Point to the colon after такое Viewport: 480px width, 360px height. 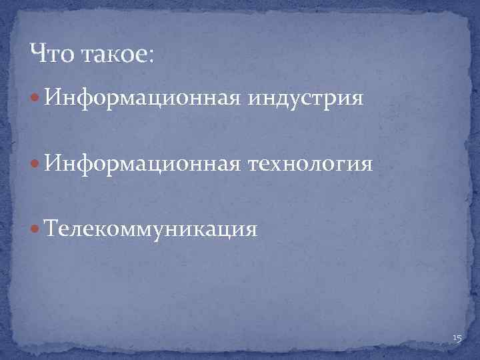(151, 55)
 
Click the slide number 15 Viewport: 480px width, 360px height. (457, 339)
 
